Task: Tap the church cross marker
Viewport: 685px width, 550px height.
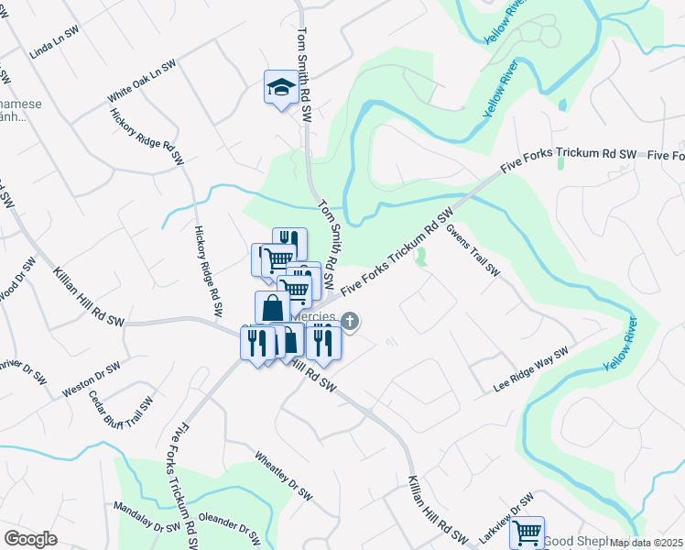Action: click(351, 321)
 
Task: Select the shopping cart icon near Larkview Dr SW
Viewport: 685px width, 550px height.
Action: click(527, 532)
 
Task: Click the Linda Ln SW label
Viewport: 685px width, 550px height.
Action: click(50, 49)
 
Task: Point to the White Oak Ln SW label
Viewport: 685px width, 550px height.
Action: click(140, 81)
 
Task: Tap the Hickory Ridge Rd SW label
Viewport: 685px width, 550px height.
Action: click(147, 137)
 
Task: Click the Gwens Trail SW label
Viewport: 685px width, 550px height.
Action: click(473, 249)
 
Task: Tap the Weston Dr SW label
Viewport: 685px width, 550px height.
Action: click(92, 379)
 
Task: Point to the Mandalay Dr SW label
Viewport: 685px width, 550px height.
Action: click(147, 517)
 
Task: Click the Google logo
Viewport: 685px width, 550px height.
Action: click(30, 539)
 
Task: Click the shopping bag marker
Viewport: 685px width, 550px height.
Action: click(273, 307)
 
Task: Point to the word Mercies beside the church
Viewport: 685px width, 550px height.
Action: click(315, 316)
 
